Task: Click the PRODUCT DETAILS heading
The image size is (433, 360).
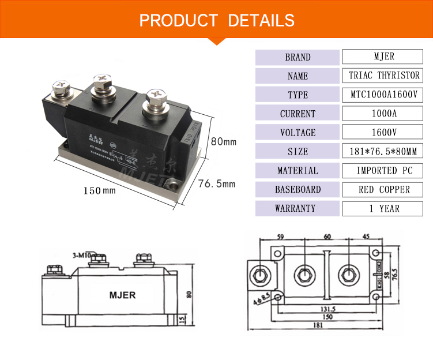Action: click(217, 20)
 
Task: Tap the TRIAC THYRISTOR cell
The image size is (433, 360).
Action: click(384, 76)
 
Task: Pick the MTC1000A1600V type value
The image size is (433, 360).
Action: click(384, 95)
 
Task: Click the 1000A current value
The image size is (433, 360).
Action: click(384, 114)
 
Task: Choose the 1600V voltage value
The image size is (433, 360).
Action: click(384, 133)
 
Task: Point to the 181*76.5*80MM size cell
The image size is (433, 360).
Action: click(384, 152)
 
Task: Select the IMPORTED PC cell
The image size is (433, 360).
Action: click(384, 171)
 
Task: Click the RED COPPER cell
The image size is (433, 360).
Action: click(384, 189)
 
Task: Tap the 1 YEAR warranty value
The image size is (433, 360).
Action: click(384, 208)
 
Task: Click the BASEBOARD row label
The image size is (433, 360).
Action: click(298, 189)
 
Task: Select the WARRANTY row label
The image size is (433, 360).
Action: click(298, 208)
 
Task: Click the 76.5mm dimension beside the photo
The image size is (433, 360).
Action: click(217, 184)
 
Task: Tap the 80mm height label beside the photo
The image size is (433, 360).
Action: click(223, 141)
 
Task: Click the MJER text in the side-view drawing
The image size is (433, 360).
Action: click(122, 295)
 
